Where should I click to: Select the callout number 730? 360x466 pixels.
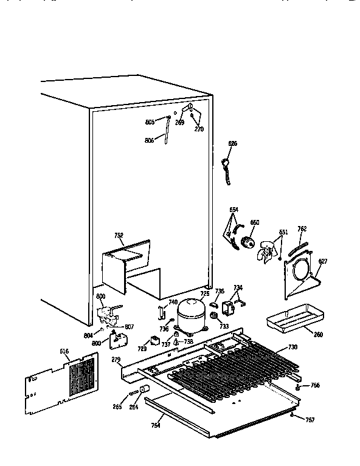292,347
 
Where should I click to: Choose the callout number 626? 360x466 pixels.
232,143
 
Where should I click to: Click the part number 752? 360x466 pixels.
119,235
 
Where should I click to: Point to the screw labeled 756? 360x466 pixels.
297,386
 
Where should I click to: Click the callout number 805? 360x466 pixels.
150,122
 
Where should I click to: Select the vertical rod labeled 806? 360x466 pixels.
165,132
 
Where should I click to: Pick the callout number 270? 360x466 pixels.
198,129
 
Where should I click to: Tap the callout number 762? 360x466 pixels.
302,229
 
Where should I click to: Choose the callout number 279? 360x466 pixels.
116,360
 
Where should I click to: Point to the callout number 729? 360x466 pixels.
142,349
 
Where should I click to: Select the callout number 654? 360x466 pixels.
234,210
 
